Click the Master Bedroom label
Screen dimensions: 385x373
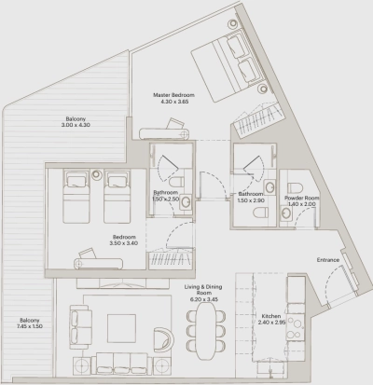[x=176, y=100]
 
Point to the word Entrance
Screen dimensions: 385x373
[x=328, y=259]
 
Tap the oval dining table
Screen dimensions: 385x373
[x=205, y=325]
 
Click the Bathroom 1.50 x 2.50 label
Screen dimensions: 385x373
[x=167, y=198]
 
